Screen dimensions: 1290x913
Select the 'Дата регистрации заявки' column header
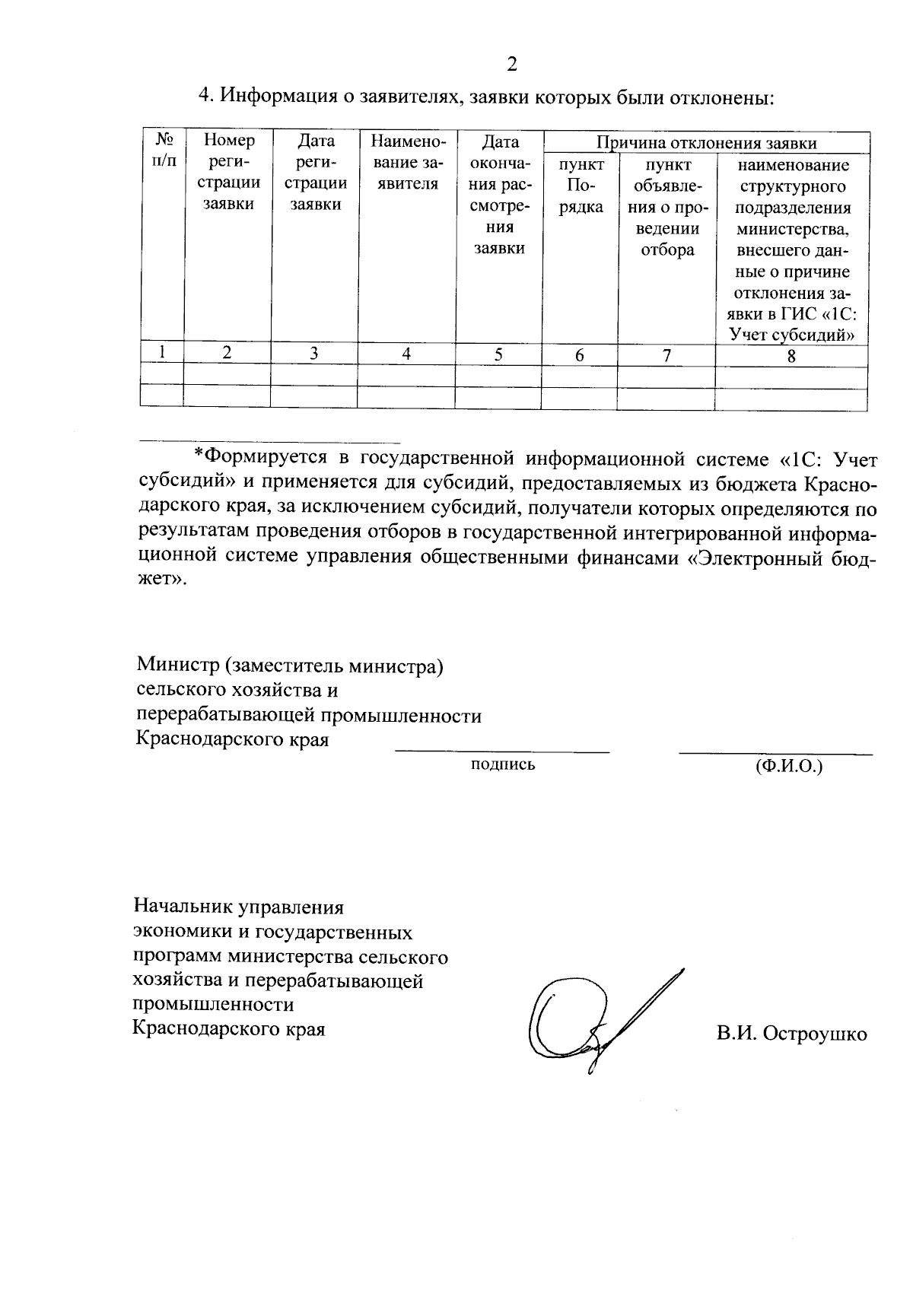pyautogui.click(x=317, y=172)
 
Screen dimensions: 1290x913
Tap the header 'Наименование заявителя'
pyautogui.click(x=407, y=162)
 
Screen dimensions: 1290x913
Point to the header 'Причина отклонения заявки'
pyautogui.click(x=706, y=143)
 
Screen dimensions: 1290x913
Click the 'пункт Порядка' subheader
pyautogui.click(x=581, y=186)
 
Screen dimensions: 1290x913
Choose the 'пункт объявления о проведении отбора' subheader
pyautogui.click(x=667, y=207)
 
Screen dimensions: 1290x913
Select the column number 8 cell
pyautogui.click(x=791, y=355)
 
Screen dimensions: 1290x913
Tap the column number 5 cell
pyautogui.click(x=498, y=354)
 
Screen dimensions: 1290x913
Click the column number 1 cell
pyautogui.click(x=162, y=353)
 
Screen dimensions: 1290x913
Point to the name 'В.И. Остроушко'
pyautogui.click(x=791, y=1034)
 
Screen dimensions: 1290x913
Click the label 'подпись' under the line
pyautogui.click(x=503, y=765)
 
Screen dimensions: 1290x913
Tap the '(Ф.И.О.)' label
pyautogui.click(x=789, y=766)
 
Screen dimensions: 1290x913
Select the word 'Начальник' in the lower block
pyautogui.click(x=184, y=907)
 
